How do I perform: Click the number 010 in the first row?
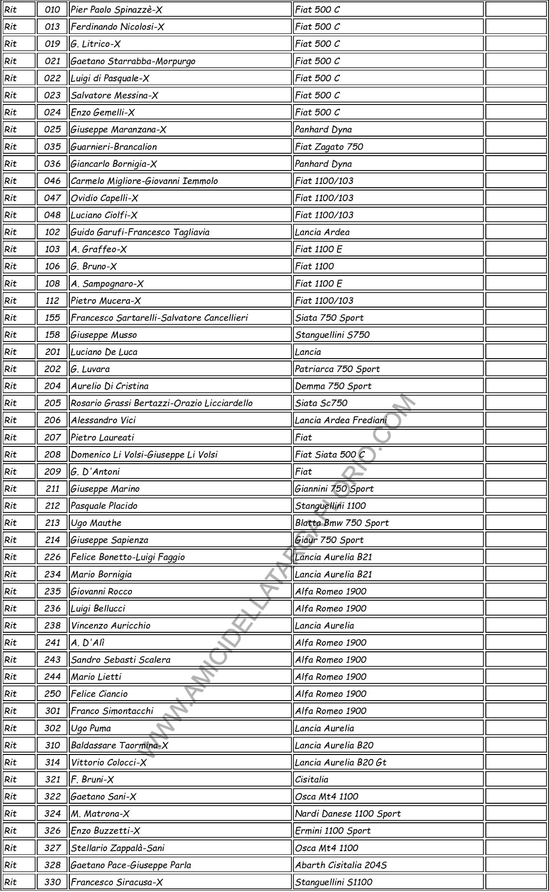click(x=52, y=10)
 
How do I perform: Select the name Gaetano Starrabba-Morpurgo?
click(x=133, y=61)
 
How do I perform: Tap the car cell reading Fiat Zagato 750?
click(x=329, y=147)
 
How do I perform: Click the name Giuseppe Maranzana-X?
click(x=119, y=130)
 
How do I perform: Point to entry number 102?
click(x=52, y=232)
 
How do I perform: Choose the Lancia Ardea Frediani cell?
click(x=341, y=420)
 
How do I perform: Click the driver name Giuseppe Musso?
click(x=104, y=335)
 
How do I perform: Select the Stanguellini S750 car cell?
click(x=332, y=335)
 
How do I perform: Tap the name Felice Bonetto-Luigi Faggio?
click(x=128, y=557)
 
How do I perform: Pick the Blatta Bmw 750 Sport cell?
click(x=342, y=523)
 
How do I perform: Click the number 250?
click(x=52, y=694)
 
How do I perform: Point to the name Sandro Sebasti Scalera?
click(x=120, y=660)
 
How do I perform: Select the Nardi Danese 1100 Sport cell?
click(x=348, y=813)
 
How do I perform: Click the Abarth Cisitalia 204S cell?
click(x=341, y=865)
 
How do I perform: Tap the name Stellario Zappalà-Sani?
click(x=118, y=848)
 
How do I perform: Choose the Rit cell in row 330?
click(x=11, y=882)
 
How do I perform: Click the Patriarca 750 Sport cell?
click(x=337, y=369)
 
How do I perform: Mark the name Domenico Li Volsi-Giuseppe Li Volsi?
click(x=144, y=455)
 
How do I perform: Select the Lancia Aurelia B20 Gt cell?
click(x=340, y=762)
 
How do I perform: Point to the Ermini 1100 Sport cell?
click(x=332, y=831)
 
